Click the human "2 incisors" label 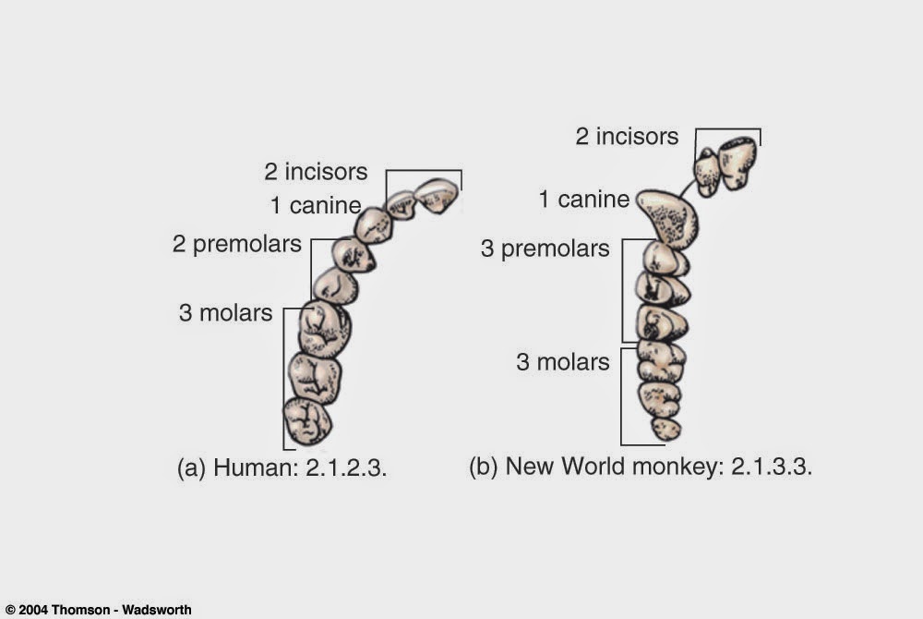pyautogui.click(x=316, y=172)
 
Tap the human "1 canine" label pyautogui.click(x=315, y=206)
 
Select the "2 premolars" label pyautogui.click(x=236, y=245)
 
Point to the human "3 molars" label pyautogui.click(x=225, y=313)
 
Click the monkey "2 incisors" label pyautogui.click(x=627, y=137)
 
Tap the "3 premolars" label pyautogui.click(x=545, y=249)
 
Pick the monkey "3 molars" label pyautogui.click(x=562, y=361)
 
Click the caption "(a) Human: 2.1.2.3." pyautogui.click(x=281, y=467)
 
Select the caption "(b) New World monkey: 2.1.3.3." pyautogui.click(x=640, y=467)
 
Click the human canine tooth pyautogui.click(x=374, y=225)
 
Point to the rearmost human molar pyautogui.click(x=307, y=420)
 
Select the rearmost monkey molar pyautogui.click(x=665, y=429)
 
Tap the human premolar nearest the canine pyautogui.click(x=353, y=254)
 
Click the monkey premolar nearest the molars pyautogui.click(x=662, y=322)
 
